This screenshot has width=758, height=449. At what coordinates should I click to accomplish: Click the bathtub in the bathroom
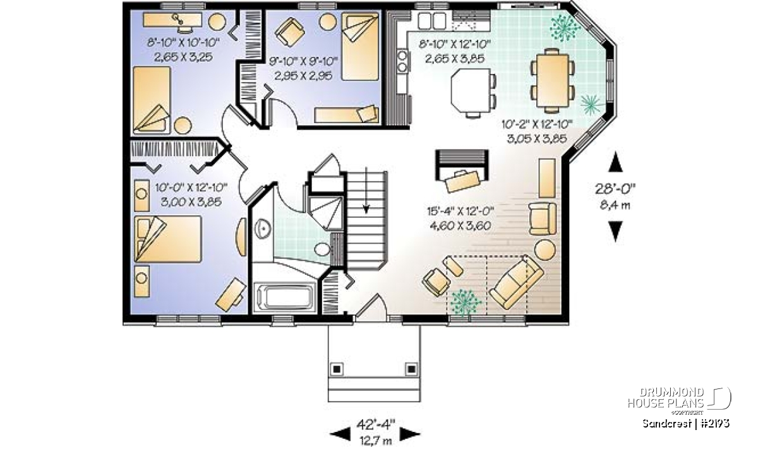(x=286, y=297)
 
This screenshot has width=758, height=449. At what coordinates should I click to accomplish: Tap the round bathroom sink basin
(x=263, y=228)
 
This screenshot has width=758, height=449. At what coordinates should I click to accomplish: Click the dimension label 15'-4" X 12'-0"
(x=460, y=212)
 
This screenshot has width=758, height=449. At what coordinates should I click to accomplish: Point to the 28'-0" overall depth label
(x=615, y=189)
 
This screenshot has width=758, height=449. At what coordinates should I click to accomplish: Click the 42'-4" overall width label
(x=376, y=424)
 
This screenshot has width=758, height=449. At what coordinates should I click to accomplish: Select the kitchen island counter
(x=471, y=90)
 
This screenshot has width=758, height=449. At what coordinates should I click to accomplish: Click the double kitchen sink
(x=432, y=21)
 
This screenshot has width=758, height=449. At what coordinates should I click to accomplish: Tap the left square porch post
(x=337, y=369)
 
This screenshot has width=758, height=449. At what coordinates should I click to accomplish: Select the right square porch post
(x=411, y=369)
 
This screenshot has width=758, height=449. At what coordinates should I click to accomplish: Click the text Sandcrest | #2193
(x=686, y=423)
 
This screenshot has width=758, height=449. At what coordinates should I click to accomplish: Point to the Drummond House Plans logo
(x=680, y=398)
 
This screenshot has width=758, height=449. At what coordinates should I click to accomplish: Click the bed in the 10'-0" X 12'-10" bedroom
(x=168, y=239)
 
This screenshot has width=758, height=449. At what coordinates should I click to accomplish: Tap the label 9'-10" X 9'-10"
(x=304, y=62)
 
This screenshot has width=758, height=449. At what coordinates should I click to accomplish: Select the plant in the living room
(x=466, y=301)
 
